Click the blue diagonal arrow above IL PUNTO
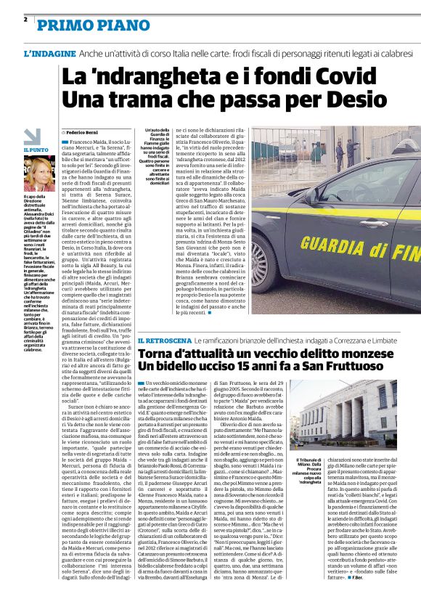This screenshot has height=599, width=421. [31, 136]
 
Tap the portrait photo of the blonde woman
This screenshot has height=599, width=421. [38, 175]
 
